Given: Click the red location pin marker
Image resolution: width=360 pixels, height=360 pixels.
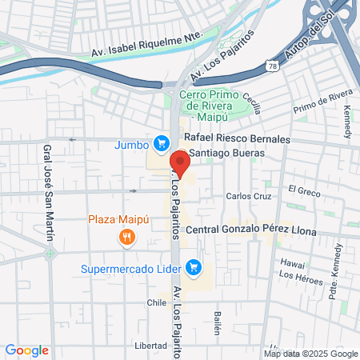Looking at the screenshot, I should click(x=181, y=165).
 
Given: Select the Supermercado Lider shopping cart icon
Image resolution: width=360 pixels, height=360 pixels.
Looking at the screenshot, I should click(x=193, y=266).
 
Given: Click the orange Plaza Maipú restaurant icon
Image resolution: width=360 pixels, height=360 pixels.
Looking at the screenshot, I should click(x=126, y=236).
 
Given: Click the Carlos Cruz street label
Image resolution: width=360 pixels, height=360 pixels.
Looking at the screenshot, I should click(x=250, y=196).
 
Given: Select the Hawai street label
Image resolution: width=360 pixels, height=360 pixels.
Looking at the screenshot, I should click(x=294, y=262).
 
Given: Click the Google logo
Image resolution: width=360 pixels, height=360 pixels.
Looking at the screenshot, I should click(x=26, y=350).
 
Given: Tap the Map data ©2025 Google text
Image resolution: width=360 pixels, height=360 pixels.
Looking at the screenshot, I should click(x=311, y=354).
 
